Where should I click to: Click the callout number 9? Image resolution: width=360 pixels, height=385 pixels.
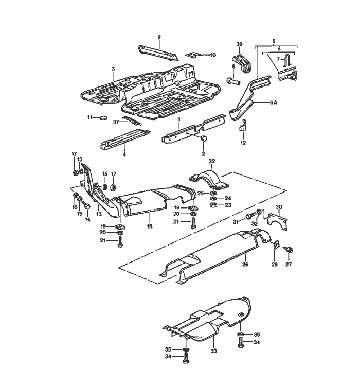pyautogui.click(x=159, y=37)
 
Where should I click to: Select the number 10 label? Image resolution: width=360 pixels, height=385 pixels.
pyautogui.click(x=213, y=55)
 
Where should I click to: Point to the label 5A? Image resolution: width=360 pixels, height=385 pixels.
pyautogui.click(x=273, y=103)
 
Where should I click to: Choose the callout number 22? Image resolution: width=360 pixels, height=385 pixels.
pyautogui.click(x=211, y=161)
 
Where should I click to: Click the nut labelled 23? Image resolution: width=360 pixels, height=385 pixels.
pyautogui.click(x=212, y=205)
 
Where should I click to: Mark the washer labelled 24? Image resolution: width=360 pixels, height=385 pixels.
pyautogui.click(x=212, y=198)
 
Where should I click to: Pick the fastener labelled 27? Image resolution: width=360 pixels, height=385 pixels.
pyautogui.click(x=290, y=250)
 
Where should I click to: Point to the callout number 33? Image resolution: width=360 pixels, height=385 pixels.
pyautogui.click(x=213, y=351)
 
